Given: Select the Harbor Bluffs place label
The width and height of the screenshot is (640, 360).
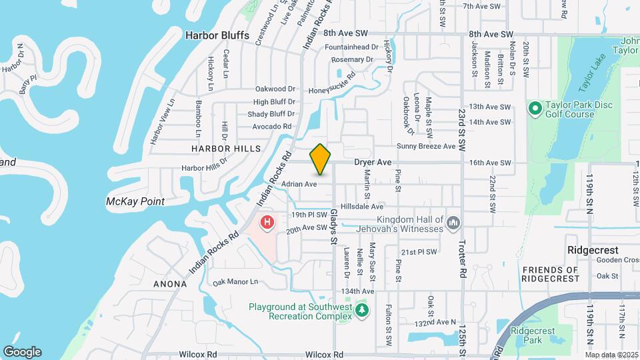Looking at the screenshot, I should click(x=217, y=35).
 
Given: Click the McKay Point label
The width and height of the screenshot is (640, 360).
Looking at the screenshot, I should click(x=135, y=201).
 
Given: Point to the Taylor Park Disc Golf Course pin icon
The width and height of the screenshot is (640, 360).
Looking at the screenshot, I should click(x=535, y=108).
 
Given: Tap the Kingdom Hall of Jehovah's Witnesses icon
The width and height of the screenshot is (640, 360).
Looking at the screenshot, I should click(x=453, y=222).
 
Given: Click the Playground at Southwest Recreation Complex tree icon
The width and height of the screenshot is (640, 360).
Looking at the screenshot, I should click(x=362, y=310).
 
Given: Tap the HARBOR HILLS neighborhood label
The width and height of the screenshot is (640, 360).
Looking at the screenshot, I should click(x=226, y=148).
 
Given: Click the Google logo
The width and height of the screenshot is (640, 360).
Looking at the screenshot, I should click(x=22, y=352).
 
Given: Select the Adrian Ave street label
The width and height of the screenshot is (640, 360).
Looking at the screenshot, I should click(x=299, y=184).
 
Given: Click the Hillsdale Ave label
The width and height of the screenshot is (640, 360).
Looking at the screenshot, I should click(x=362, y=207).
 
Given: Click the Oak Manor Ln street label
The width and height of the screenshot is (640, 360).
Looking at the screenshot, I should click(x=235, y=282).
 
